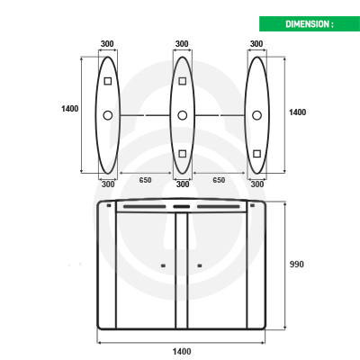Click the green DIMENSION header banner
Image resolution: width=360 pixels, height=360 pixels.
click(310, 23)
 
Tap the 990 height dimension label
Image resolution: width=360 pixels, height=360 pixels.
click(296, 265)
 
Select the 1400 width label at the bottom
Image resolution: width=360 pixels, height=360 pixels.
click(182, 351)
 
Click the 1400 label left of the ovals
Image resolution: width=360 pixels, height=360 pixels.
click(70, 109)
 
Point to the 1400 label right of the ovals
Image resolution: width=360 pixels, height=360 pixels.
click(297, 112)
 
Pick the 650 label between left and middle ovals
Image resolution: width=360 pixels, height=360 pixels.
click(145, 180)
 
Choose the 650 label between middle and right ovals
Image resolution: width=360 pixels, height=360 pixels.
click(219, 180)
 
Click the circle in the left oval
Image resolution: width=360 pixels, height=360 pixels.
click(108, 115)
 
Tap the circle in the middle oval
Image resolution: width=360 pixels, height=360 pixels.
click(182, 115)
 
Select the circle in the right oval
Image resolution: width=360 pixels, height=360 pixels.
click(256, 115)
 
